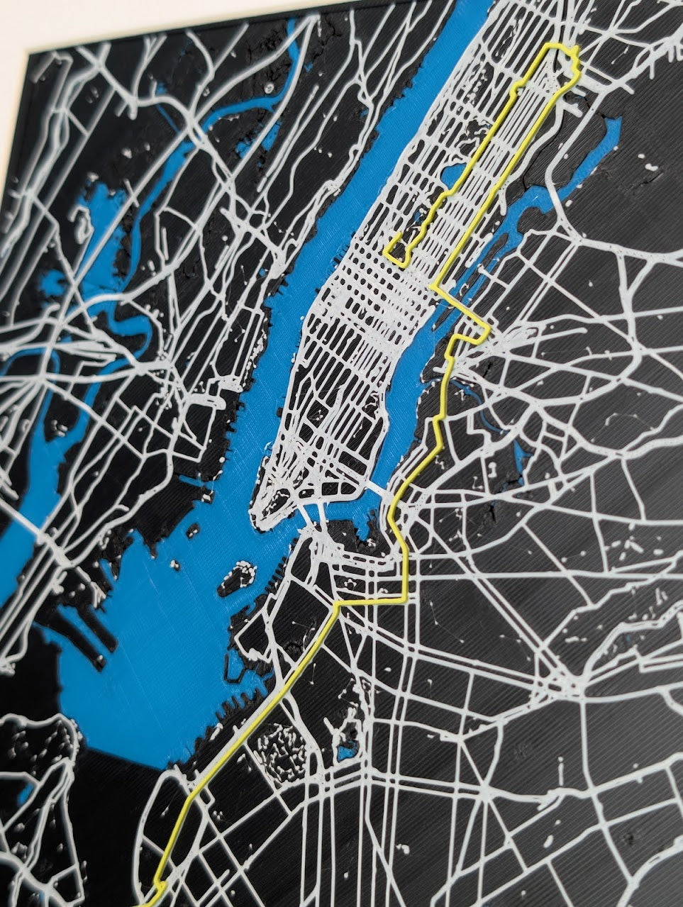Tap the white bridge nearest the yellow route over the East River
tap(380, 489)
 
